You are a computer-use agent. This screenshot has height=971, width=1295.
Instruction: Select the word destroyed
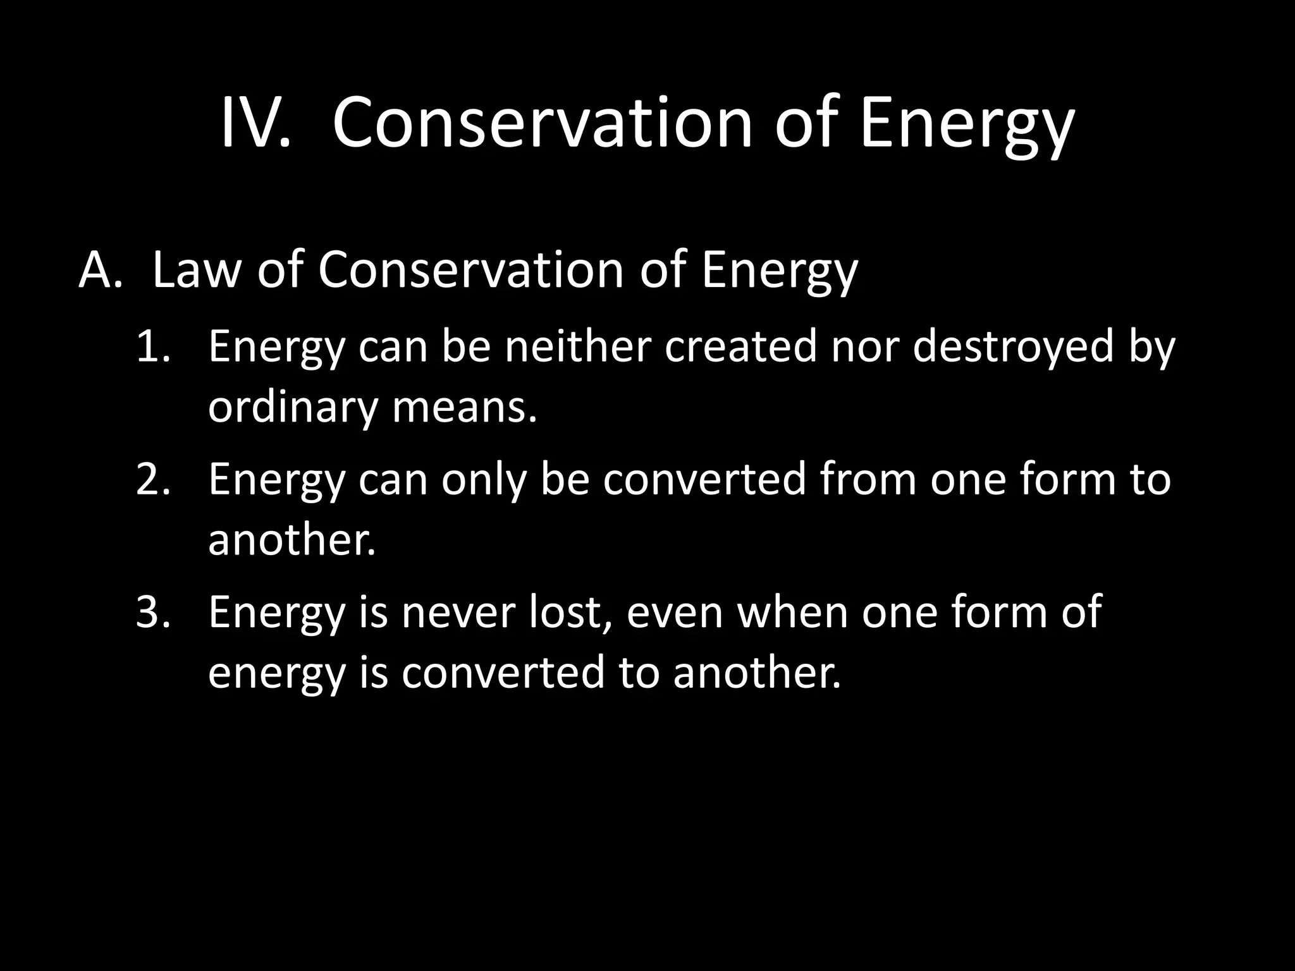(1012, 347)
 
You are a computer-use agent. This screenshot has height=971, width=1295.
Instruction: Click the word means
(464, 408)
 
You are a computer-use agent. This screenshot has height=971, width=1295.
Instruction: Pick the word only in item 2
(484, 479)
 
